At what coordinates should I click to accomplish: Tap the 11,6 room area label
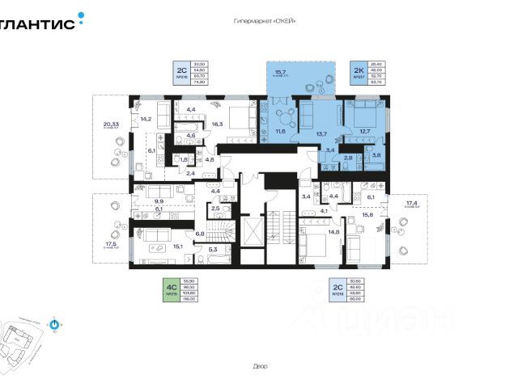tap(281, 129)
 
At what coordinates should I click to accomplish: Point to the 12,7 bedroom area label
tap(364, 130)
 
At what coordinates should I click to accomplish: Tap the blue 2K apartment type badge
tap(358, 70)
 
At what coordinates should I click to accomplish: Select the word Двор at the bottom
tap(259, 366)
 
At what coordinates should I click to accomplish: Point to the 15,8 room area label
tap(367, 215)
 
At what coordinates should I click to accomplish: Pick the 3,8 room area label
tap(376, 154)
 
